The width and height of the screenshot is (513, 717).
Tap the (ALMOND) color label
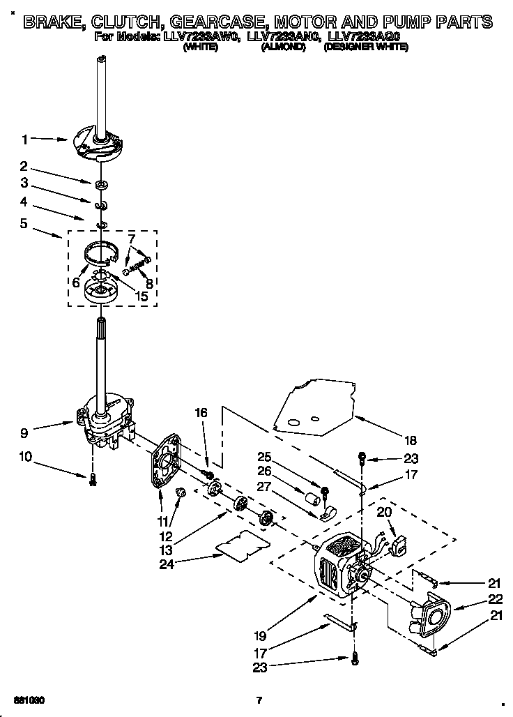[282, 47]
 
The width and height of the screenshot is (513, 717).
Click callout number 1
[25, 139]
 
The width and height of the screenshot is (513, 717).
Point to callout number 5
[25, 225]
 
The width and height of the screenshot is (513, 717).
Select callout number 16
[201, 414]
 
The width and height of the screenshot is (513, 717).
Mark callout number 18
[410, 440]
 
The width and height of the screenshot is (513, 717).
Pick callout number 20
[384, 511]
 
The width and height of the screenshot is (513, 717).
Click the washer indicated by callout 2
[102, 185]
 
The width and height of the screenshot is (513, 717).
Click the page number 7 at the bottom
[258, 700]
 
